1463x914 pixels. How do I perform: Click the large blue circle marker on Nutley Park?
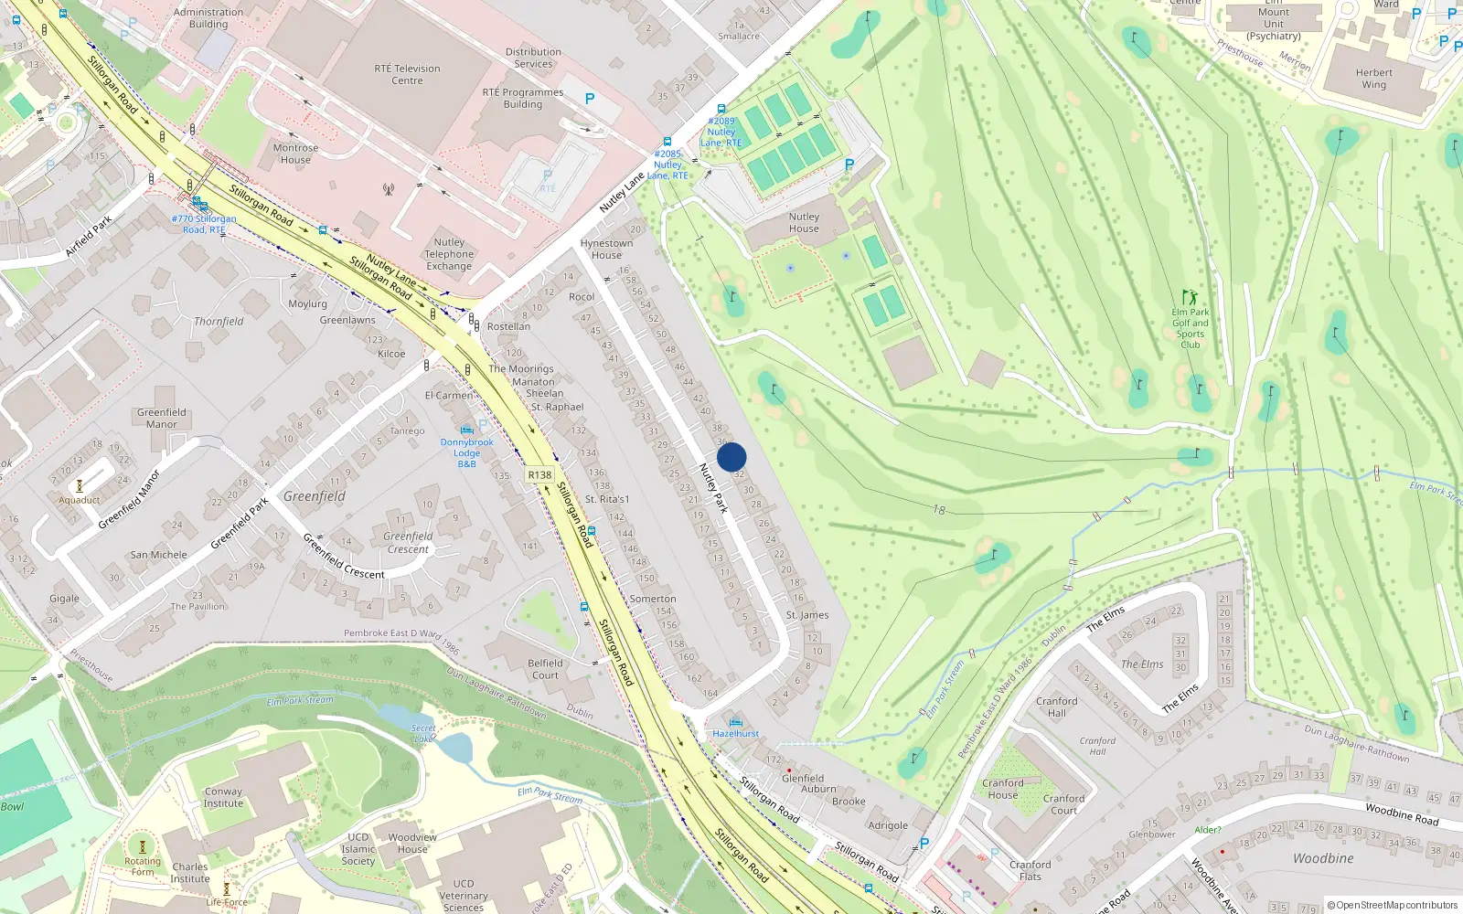[731, 457]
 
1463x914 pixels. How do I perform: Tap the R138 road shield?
[539, 474]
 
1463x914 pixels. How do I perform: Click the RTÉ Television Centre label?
[407, 74]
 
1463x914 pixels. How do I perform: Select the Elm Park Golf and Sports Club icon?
[1189, 297]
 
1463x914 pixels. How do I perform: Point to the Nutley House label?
[804, 222]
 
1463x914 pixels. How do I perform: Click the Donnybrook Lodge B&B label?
[466, 452]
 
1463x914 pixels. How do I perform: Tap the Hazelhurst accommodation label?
[735, 733]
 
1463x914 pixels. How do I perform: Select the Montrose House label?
[295, 154]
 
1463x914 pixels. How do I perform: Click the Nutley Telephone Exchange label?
[449, 254]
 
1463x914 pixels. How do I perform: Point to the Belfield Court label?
[545, 669]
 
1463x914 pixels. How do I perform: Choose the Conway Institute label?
[223, 797]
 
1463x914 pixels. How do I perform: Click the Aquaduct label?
[80, 500]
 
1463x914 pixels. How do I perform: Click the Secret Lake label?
[423, 733]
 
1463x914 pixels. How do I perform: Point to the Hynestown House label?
[606, 249]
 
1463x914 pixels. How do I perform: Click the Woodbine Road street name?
[1402, 813]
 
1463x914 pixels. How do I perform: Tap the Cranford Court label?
[1063, 804]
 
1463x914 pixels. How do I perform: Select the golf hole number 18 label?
[939, 510]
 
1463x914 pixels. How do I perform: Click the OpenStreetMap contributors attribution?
[1393, 905]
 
